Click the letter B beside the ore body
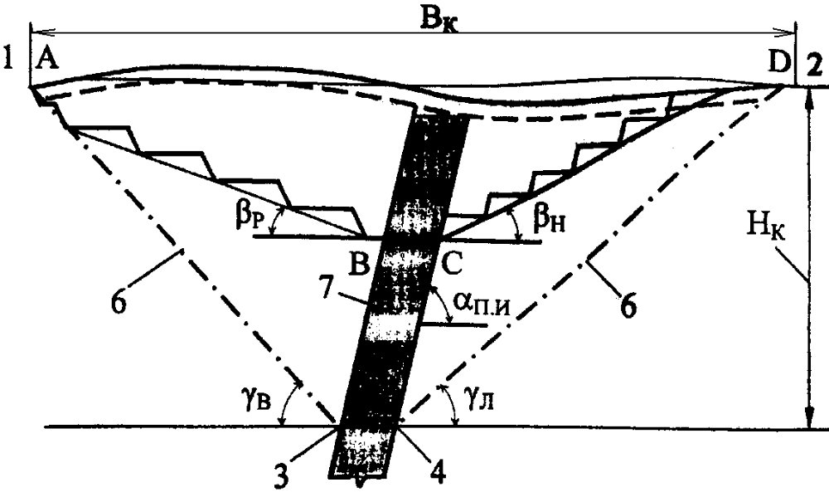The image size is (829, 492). [x=359, y=263]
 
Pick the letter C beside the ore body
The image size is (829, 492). [x=452, y=263]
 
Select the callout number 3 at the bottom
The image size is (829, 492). [x=282, y=474]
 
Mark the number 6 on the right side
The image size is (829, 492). [x=628, y=306]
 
